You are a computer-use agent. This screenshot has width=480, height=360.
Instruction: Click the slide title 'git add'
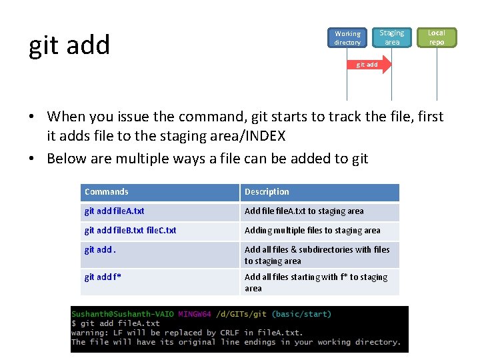pyautogui.click(x=69, y=45)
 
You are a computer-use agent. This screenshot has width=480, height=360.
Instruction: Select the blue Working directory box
pyautogui.click(x=347, y=38)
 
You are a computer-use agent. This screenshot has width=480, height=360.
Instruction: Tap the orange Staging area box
pyautogui.click(x=392, y=37)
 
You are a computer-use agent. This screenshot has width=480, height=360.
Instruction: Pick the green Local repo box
pyautogui.click(x=437, y=37)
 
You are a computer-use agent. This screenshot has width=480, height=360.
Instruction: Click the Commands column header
pyautogui.click(x=107, y=192)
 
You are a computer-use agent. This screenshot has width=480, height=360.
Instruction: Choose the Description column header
pyautogui.click(x=267, y=192)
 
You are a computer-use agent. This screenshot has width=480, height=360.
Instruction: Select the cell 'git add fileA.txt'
pyautogui.click(x=115, y=211)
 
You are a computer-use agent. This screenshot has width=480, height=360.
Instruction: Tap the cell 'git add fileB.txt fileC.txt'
pyautogui.click(x=131, y=231)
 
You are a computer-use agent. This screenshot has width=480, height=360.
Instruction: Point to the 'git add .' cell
pyautogui.click(x=100, y=250)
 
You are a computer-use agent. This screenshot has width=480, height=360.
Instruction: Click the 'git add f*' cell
pyautogui.click(x=103, y=277)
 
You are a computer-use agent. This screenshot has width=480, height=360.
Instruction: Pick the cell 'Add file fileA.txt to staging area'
pyautogui.click(x=304, y=211)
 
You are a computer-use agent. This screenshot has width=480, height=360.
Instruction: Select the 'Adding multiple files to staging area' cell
pyautogui.click(x=312, y=231)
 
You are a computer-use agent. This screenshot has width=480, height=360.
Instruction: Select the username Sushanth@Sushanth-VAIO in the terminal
pyautogui.click(x=123, y=314)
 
